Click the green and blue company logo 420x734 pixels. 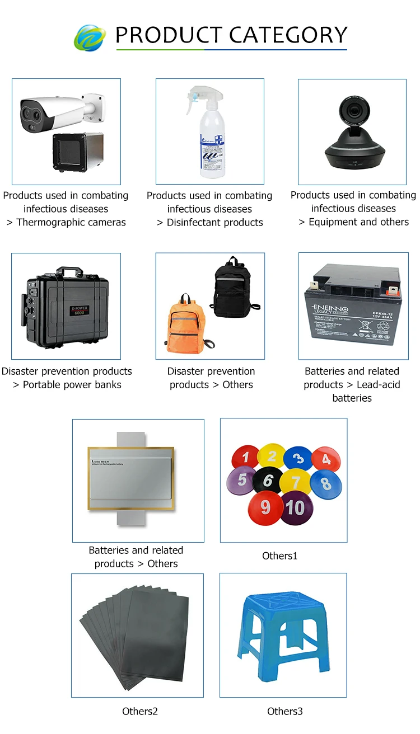click(x=90, y=37)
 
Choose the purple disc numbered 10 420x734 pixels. click(x=296, y=507)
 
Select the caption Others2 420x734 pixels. click(x=140, y=712)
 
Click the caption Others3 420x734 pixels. click(x=284, y=712)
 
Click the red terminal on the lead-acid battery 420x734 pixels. click(x=391, y=290)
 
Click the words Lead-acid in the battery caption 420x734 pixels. click(x=378, y=385)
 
